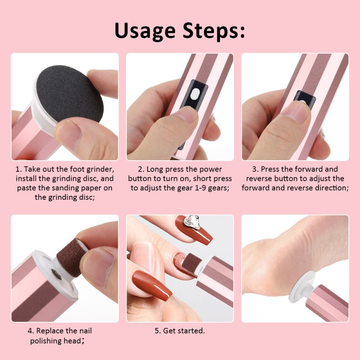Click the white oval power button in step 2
click(195, 94)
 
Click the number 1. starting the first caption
click(18, 169)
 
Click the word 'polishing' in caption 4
click(48, 341)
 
